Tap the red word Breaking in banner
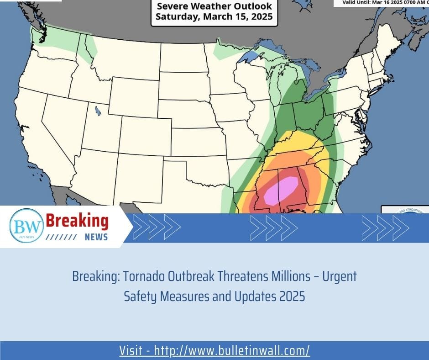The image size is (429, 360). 78,222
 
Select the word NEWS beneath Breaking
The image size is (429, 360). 96,237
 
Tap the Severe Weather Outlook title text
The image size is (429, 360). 214,7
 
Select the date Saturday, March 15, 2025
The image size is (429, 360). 214,17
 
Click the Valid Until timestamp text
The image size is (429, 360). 381,2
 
